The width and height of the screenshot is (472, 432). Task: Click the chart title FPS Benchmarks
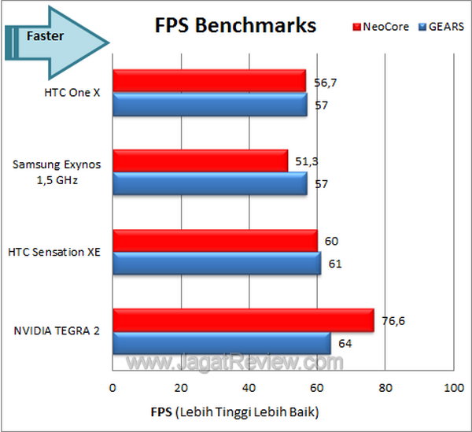point(234,25)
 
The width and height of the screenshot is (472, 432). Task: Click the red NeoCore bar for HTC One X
point(209,81)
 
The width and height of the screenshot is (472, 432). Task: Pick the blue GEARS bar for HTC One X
point(209,104)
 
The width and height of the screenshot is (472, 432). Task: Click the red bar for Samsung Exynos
point(200,161)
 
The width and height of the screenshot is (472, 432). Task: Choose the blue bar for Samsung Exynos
point(209,183)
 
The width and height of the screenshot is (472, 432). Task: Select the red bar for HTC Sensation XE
point(215,241)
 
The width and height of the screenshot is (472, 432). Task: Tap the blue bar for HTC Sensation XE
point(216,264)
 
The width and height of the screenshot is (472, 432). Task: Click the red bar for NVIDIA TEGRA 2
point(243,320)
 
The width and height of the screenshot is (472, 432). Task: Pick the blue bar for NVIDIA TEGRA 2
point(222,343)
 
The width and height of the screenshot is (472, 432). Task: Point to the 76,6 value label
point(390,320)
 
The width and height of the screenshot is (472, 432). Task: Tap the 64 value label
point(344,344)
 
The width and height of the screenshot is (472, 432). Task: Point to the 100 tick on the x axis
point(453,388)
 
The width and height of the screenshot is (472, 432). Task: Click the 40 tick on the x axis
point(249,388)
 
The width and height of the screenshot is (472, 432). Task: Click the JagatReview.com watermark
point(235,363)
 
